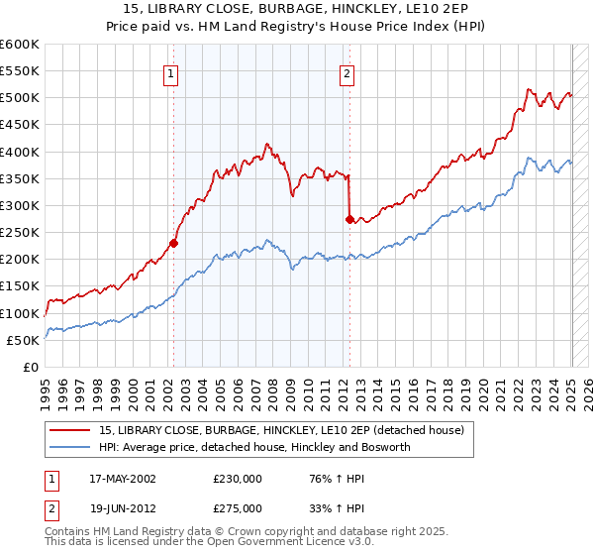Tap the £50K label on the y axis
(24, 340)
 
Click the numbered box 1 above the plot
(172, 72)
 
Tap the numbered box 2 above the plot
(347, 72)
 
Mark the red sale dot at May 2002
(173, 242)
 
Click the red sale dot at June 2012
(349, 219)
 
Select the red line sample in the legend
(69, 430)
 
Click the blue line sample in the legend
(69, 447)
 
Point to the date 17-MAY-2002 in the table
(123, 479)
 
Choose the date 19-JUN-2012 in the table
(123, 508)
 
